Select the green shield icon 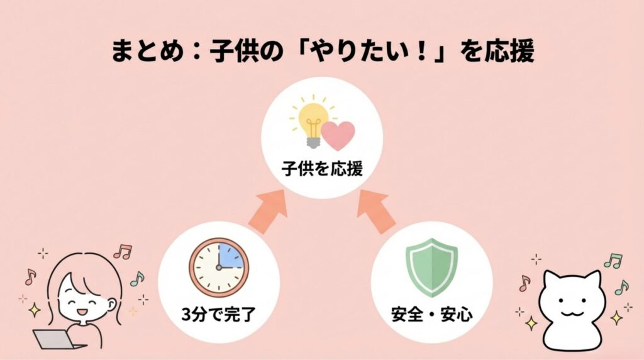(433, 267)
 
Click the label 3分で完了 (217, 313)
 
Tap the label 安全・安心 (431, 313)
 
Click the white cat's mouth (572, 313)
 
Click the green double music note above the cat (612, 260)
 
